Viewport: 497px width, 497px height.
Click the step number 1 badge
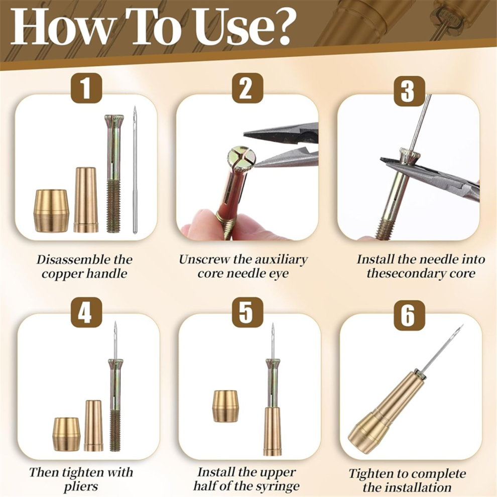pos(86,88)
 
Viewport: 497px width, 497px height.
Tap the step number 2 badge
pos(247,88)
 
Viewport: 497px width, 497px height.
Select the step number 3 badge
pos(409,91)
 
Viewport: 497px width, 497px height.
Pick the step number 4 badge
pos(86,313)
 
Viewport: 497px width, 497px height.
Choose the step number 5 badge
pos(247,313)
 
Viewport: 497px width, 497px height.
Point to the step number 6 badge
pos(409,315)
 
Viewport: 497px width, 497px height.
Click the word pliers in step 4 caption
pos(81,486)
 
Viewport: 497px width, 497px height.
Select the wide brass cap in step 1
pos(51,211)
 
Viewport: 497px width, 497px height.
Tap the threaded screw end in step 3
pos(385,229)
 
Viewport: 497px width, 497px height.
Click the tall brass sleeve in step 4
pos(93,426)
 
